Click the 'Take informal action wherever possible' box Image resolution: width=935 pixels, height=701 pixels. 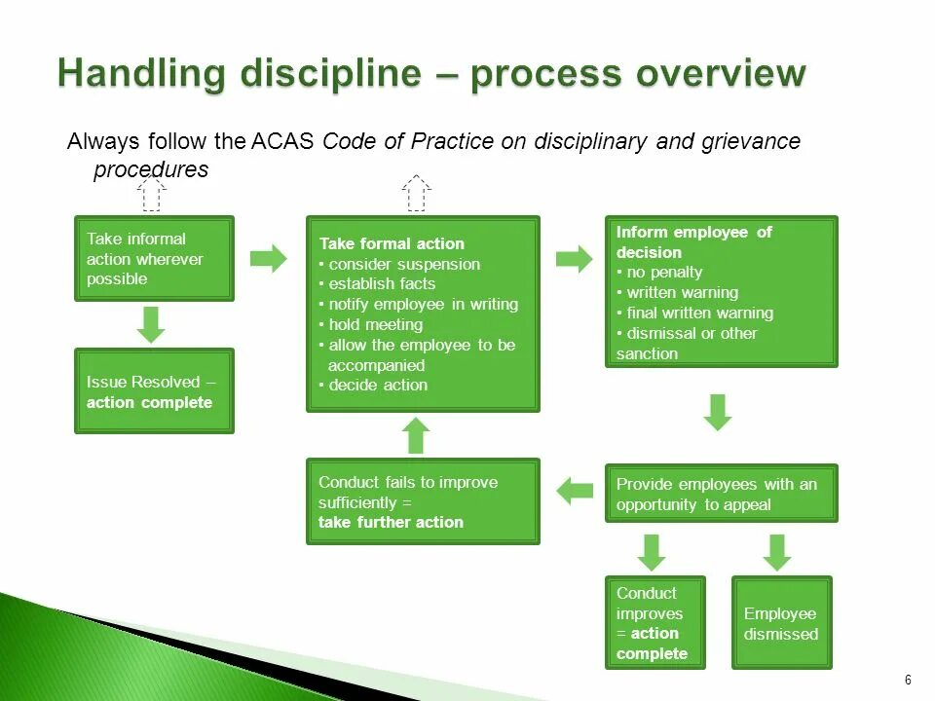pyautogui.click(x=154, y=258)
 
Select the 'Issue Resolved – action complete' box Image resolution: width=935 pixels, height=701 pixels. pyautogui.click(x=154, y=391)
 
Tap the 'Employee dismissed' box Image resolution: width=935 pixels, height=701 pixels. pyautogui.click(x=781, y=623)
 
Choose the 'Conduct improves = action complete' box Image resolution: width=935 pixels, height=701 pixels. pyautogui.click(x=652, y=623)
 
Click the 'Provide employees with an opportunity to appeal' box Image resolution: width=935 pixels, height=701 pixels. pyautogui.click(x=721, y=494)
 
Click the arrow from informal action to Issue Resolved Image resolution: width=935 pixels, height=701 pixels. pyautogui.click(x=151, y=324)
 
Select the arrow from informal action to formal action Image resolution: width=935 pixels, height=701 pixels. pyautogui.click(x=269, y=258)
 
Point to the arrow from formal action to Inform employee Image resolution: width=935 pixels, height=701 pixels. pyautogui.click(x=574, y=259)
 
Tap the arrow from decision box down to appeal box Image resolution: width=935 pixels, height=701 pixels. pyautogui.click(x=718, y=412)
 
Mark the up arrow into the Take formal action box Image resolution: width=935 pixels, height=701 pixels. pyautogui.click(x=416, y=435)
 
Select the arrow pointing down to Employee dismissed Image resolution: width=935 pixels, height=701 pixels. pyautogui.click(x=777, y=551)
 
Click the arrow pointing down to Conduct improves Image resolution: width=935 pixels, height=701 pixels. pyautogui.click(x=652, y=551)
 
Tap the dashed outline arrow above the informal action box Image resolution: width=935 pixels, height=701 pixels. pyautogui.click(x=151, y=193)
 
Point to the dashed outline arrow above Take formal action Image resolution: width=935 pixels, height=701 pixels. pyautogui.click(x=416, y=193)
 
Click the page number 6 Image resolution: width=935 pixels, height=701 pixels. pyautogui.click(x=908, y=680)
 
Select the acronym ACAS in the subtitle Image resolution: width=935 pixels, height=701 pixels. pyautogui.click(x=281, y=141)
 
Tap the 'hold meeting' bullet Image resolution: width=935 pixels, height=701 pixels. pyautogui.click(x=375, y=325)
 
